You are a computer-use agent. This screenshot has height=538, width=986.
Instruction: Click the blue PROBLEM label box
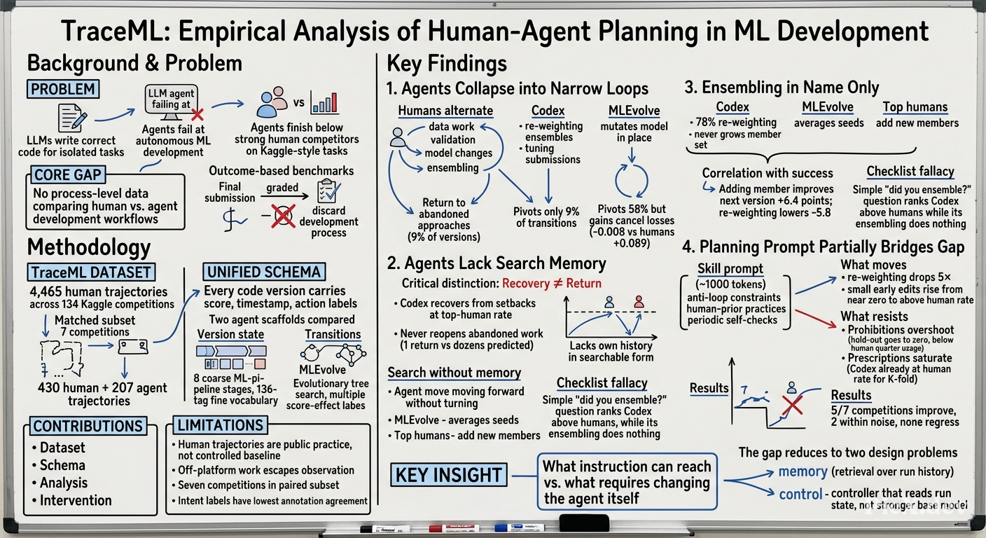coord(63,89)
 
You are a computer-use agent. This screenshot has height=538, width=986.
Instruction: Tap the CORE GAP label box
coord(68,175)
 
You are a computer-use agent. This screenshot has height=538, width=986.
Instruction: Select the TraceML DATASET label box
coord(92,272)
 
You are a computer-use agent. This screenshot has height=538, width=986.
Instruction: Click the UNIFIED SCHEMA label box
coord(264,272)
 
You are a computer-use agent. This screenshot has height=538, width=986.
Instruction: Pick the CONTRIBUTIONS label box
coord(88,426)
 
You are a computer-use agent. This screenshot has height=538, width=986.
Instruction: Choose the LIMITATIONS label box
coord(220,425)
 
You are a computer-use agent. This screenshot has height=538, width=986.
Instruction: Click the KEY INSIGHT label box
coord(449,474)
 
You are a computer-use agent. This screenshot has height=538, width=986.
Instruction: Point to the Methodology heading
coord(89,247)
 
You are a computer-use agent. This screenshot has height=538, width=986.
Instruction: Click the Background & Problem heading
coord(134,63)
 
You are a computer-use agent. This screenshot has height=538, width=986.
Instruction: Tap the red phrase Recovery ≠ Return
coord(552,283)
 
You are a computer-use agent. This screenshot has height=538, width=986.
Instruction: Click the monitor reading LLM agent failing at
coord(172,102)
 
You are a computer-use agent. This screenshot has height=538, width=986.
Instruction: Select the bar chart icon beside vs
coord(324,102)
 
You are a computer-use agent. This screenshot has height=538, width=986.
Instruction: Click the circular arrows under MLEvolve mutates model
coord(632,181)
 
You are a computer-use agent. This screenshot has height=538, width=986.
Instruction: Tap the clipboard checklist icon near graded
coord(328,191)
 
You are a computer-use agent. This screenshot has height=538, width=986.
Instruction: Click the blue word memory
coord(803,471)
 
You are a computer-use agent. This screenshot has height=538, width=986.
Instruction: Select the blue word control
coord(800,495)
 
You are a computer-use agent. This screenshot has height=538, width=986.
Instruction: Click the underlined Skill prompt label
coord(730,268)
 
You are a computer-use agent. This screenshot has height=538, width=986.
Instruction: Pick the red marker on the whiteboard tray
coord(454,528)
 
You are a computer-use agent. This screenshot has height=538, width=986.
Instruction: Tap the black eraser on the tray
coord(584,523)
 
